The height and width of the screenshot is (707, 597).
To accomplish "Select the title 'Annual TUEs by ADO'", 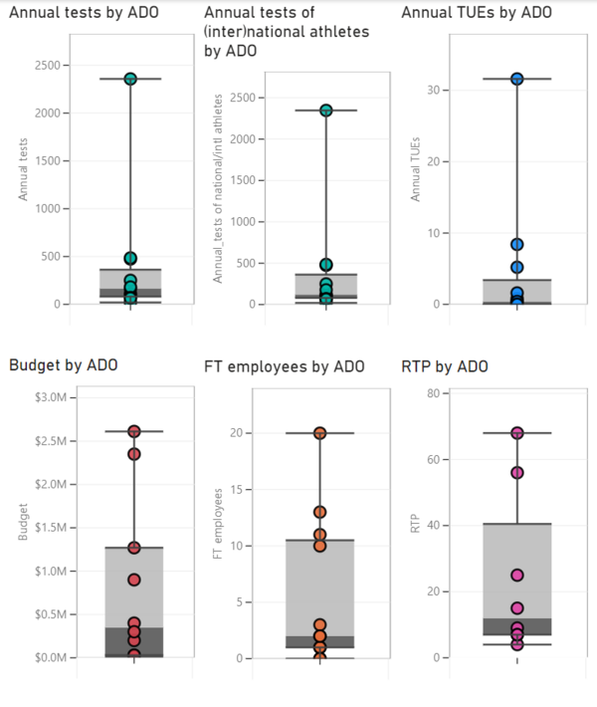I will pyautogui.click(x=476, y=13).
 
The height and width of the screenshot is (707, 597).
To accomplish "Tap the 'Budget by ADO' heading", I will pyautogui.click(x=64, y=364).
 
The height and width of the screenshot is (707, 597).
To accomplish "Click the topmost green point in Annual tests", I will pyautogui.click(x=130, y=79).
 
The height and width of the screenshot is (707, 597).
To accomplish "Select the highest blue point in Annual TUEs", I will pyautogui.click(x=516, y=79).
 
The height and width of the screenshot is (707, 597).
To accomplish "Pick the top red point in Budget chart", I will pyautogui.click(x=134, y=431).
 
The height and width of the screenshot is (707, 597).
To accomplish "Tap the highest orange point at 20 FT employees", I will pyautogui.click(x=320, y=433).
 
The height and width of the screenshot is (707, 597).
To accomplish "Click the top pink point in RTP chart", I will pyautogui.click(x=517, y=433).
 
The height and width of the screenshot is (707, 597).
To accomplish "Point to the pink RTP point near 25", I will pyautogui.click(x=517, y=575).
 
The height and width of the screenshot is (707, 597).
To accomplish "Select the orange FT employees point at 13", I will pyautogui.click(x=320, y=512).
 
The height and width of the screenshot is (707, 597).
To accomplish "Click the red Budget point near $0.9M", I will pyautogui.click(x=134, y=580).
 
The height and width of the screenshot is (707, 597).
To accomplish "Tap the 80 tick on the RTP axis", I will pyautogui.click(x=434, y=393).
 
